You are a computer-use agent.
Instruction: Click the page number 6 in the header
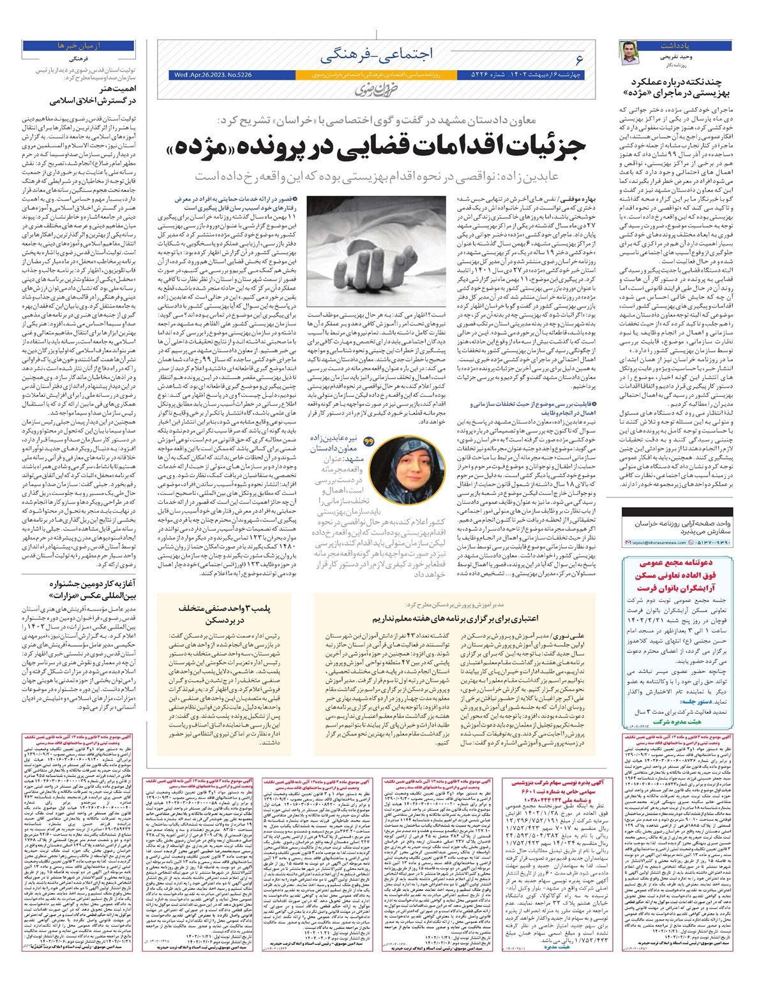(x=579, y=59)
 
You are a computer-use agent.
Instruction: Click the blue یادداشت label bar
(x=686, y=45)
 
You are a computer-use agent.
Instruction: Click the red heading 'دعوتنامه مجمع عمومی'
(x=678, y=563)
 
